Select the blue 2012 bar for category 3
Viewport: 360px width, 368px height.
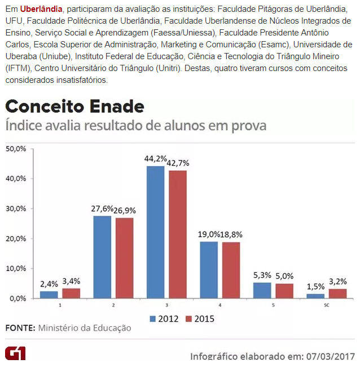[x=155, y=232]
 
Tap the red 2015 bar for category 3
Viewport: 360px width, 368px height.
[x=177, y=234]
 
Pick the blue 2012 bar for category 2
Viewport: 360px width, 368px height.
[x=102, y=256]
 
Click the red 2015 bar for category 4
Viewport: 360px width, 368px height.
[x=230, y=269]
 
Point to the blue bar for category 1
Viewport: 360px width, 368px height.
[x=49, y=294]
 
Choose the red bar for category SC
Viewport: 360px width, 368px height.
[x=337, y=293]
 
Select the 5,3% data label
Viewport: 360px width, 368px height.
[x=262, y=276]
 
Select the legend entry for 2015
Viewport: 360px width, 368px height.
[x=200, y=318]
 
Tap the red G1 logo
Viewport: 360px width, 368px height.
[x=15, y=353]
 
